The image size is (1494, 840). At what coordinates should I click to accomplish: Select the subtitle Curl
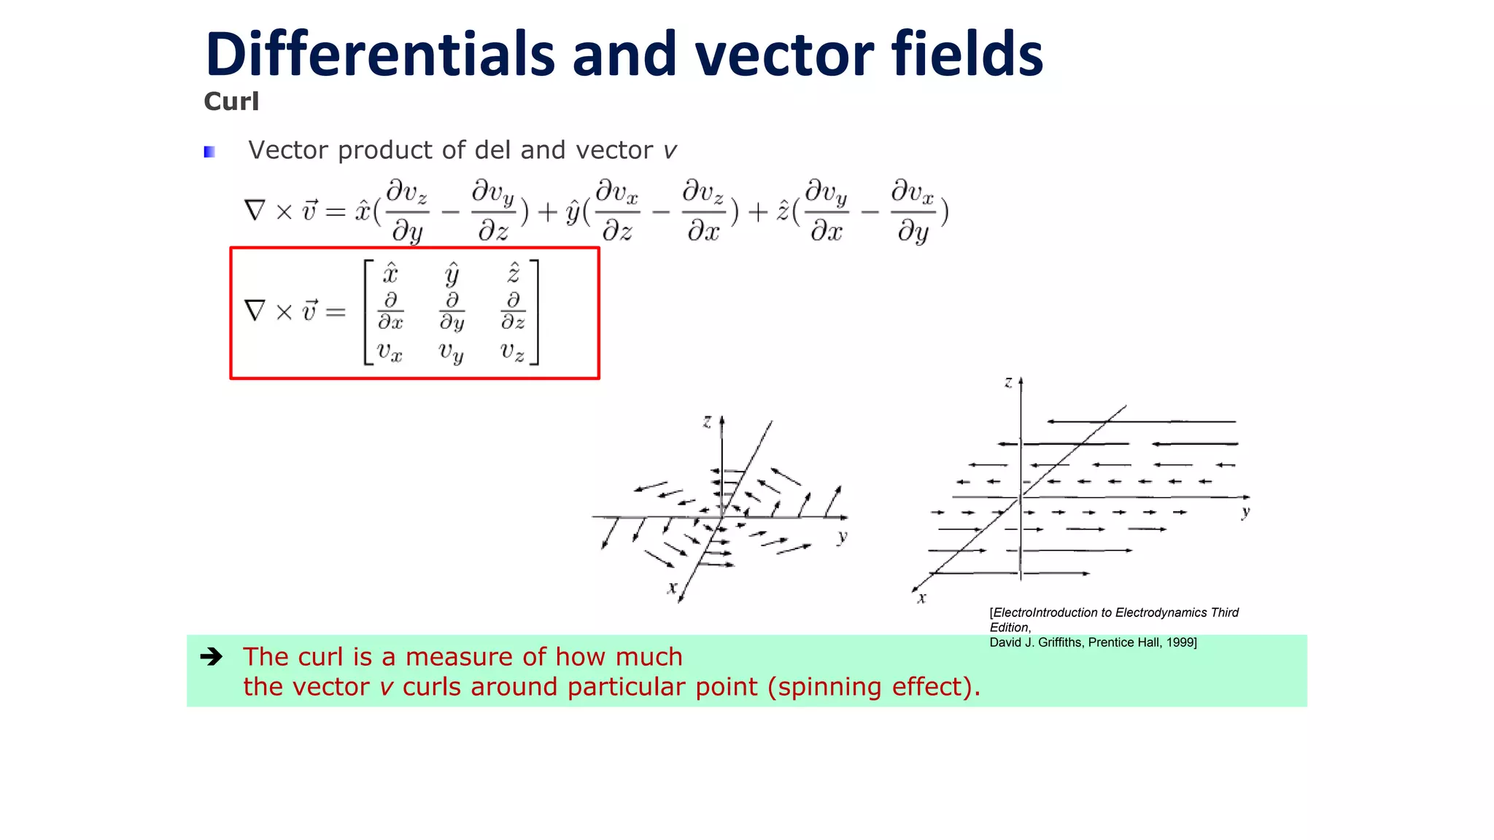click(231, 101)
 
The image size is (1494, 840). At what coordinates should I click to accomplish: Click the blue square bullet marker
click(209, 152)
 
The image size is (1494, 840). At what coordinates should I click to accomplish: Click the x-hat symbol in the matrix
click(390, 273)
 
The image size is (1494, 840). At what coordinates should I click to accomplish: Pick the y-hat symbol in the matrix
click(452, 273)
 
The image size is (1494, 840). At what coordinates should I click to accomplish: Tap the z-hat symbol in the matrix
click(514, 273)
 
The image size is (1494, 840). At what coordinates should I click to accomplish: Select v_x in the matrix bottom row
click(390, 351)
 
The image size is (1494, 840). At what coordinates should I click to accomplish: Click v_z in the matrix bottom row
click(512, 351)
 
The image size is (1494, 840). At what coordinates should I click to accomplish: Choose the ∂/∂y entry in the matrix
click(452, 312)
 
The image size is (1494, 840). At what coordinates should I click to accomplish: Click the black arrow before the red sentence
click(212, 657)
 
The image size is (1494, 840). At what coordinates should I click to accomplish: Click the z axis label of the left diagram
click(706, 421)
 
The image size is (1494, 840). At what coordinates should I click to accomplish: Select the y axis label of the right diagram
click(1245, 512)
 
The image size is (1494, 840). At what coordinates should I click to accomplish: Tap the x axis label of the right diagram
click(922, 598)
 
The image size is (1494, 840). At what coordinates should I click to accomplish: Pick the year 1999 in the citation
click(1180, 642)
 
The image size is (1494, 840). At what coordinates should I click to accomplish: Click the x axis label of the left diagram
click(672, 588)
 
